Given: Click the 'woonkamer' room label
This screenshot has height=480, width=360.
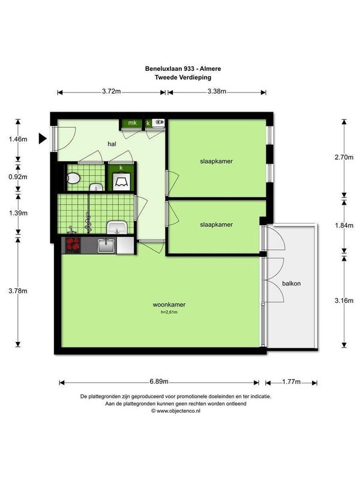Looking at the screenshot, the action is (x=169, y=305).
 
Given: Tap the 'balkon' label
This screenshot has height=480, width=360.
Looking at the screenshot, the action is (x=291, y=283).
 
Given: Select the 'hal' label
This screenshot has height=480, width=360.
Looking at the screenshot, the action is (x=112, y=144).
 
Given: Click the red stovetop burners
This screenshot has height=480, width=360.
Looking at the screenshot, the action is (x=73, y=244).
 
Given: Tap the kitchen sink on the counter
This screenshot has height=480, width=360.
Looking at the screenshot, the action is (x=106, y=245).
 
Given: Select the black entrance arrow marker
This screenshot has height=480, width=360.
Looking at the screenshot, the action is (x=43, y=139).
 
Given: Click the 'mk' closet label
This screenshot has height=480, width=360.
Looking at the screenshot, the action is (x=132, y=123).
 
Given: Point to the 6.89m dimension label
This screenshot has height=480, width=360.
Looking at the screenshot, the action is (x=159, y=382).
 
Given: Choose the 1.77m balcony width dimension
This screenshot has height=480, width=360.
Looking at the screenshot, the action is (x=291, y=382).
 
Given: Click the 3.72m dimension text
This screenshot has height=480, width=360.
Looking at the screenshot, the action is (x=112, y=91).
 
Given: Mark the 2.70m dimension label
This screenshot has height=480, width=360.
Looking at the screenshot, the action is (x=344, y=157).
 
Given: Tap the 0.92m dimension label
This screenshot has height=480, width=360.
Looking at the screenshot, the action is (x=18, y=176).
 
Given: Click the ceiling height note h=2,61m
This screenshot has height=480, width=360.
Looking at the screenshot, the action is (x=169, y=312).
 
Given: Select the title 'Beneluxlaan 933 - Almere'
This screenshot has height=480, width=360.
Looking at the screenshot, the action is (x=183, y=68).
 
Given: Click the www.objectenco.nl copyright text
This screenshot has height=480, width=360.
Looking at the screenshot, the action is (x=176, y=411).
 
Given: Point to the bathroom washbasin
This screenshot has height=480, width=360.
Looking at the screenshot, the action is (x=116, y=227).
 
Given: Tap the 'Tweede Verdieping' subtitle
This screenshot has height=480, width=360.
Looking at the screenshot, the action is (x=183, y=77).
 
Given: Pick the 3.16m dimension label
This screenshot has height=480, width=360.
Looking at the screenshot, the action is (x=344, y=301).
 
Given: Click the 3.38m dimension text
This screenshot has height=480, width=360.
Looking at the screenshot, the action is (x=217, y=91).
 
